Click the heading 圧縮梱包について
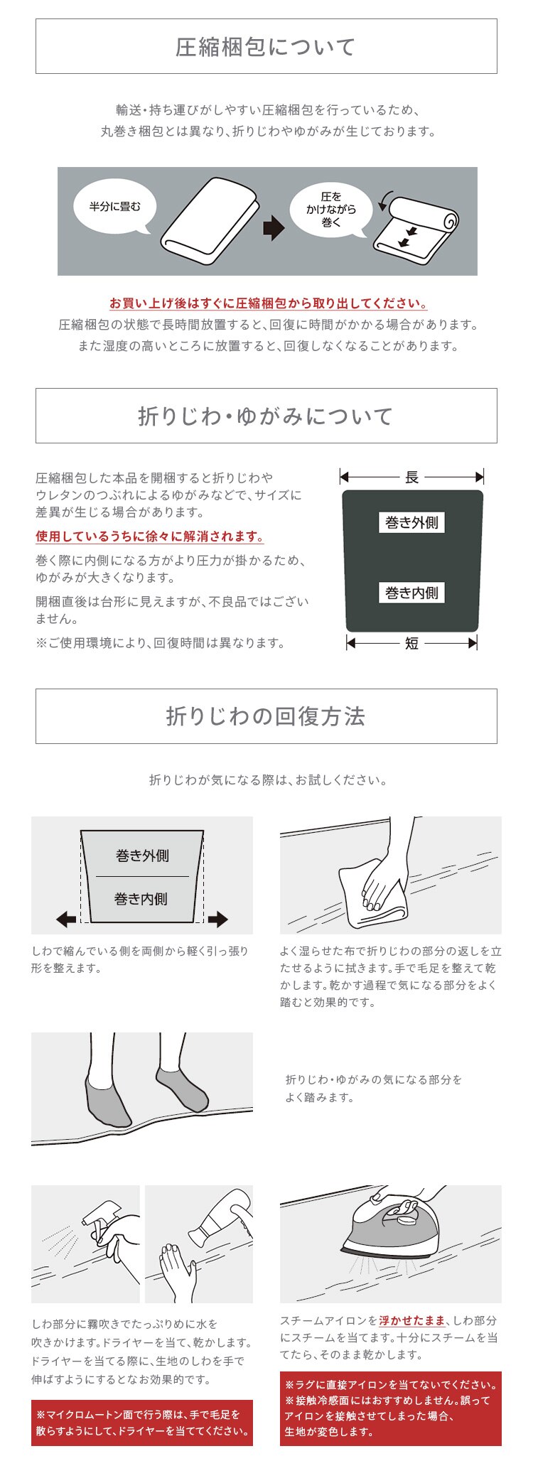point(266,47)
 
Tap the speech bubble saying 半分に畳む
point(114,207)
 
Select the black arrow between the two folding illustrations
point(273,228)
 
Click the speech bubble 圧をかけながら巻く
point(330,209)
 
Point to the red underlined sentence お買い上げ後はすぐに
point(268,303)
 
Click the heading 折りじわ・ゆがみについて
point(266,416)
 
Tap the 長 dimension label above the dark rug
point(411,478)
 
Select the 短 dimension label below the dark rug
point(411,643)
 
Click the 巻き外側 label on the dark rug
point(411,523)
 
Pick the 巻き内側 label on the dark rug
point(411,593)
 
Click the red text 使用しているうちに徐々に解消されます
point(150,536)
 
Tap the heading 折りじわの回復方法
point(266,716)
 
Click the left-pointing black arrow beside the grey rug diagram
point(66,920)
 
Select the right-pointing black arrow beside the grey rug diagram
point(217,920)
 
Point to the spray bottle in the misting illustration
point(99,1222)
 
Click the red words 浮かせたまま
point(412,1320)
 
